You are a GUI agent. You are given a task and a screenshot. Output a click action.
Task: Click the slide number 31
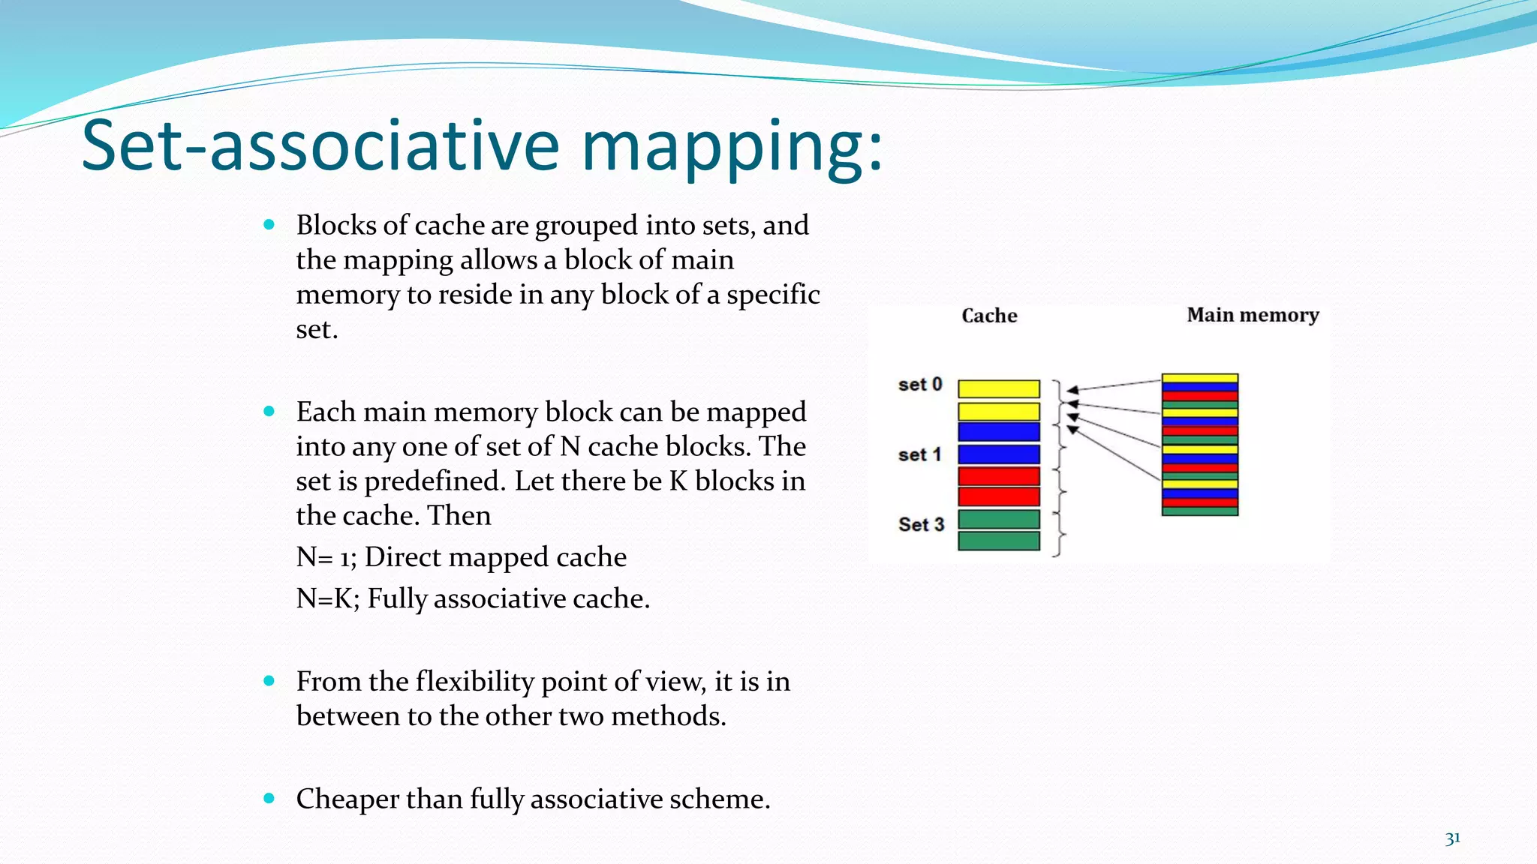tap(1452, 838)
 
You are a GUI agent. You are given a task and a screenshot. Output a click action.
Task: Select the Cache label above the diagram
tap(989, 316)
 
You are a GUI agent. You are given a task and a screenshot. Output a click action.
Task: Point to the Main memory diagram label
tap(1253, 315)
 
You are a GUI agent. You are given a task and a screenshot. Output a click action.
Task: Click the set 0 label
tap(920, 385)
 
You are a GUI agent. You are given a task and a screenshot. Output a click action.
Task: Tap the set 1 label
tap(919, 454)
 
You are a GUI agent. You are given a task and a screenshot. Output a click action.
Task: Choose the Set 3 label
tap(921, 524)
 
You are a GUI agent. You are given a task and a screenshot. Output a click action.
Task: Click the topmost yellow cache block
tap(999, 388)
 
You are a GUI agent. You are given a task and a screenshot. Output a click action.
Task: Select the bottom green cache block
tap(999, 541)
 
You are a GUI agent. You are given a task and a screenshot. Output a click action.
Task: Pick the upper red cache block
tap(999, 476)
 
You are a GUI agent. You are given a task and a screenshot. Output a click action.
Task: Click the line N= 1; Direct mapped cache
tap(461, 557)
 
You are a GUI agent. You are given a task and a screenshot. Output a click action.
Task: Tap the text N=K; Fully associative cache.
tap(473, 598)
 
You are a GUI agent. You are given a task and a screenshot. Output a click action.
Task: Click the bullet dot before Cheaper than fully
tap(269, 799)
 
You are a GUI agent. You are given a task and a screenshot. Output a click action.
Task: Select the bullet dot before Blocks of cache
tap(269, 224)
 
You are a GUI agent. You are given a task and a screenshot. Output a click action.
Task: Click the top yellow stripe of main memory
tap(1199, 378)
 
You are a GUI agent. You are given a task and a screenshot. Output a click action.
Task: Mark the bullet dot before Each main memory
tap(269, 411)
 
